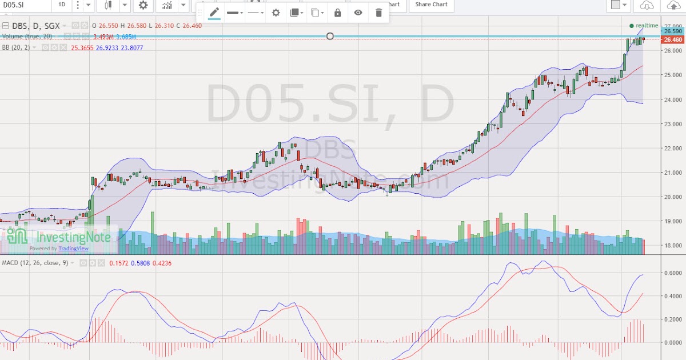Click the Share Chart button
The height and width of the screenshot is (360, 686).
[x=432, y=5]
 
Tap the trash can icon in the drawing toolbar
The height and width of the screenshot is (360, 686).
[x=378, y=13]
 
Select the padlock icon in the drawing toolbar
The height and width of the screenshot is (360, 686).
[x=337, y=13]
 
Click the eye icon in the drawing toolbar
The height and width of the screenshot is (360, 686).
[x=358, y=13]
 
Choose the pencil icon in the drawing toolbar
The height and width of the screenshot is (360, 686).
[x=214, y=13]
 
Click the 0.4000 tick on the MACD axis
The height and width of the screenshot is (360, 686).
[x=672, y=296]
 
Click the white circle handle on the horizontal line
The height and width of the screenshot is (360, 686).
[x=330, y=36]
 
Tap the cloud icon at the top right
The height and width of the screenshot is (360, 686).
[x=647, y=5]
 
